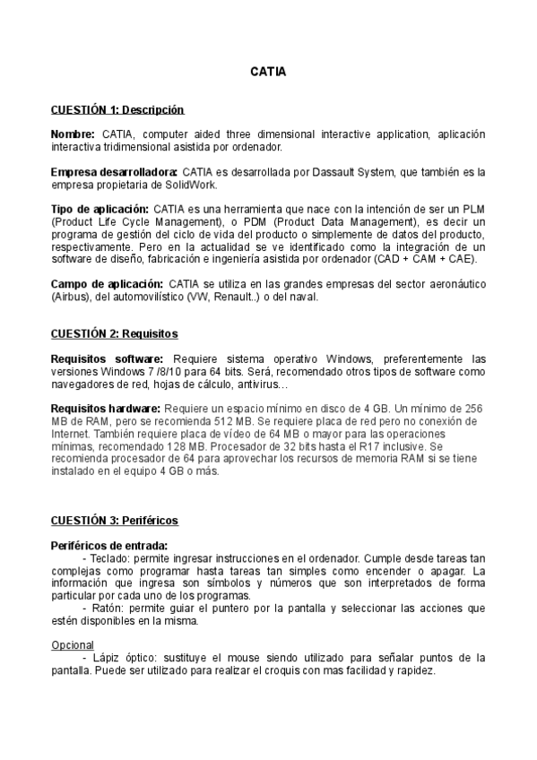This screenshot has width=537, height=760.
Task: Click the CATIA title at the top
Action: pos(268,71)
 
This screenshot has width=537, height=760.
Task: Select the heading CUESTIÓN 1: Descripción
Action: pos(117,109)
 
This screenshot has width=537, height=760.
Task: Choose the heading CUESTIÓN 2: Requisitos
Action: pos(114,334)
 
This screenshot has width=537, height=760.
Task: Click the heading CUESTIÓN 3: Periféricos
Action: pos(114,520)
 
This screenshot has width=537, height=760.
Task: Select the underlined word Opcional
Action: pos(74,644)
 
